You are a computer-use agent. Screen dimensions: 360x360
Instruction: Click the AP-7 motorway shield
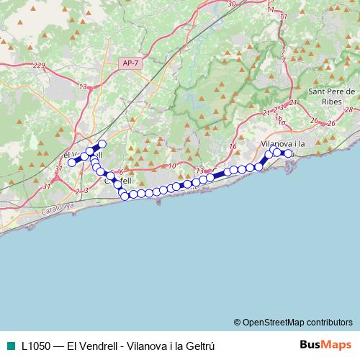[130, 63]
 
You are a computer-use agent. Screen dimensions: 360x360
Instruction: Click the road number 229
[39, 66]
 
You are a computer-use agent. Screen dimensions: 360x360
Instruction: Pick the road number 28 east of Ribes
[348, 109]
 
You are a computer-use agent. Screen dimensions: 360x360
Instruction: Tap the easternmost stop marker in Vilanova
[289, 153]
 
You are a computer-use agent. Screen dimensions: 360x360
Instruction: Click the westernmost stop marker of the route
[71, 163]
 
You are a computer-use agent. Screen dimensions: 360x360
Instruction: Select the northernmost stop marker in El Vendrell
[102, 144]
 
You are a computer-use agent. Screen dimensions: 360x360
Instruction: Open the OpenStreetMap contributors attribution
[293, 322]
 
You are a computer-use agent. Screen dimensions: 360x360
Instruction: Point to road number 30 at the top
[231, 4]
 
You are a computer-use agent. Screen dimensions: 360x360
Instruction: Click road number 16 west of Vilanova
[232, 146]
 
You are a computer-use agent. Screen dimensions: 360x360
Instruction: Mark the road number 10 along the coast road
[171, 165]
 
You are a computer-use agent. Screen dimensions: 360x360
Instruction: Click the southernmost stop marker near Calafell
[125, 196]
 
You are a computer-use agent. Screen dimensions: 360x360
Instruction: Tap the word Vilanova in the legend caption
[142, 345]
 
